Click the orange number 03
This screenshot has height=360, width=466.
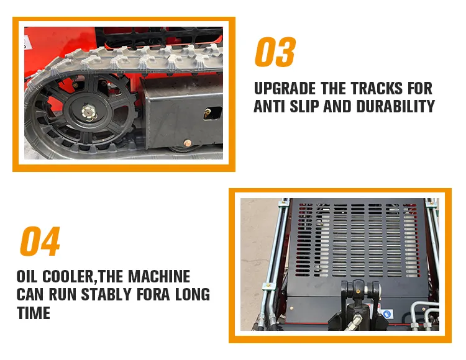click(275, 52)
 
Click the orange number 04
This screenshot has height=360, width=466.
click(40, 241)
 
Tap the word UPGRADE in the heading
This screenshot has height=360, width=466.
click(285, 88)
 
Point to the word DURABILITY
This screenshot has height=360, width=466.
click(395, 106)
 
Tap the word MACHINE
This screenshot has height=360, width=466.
click(159, 276)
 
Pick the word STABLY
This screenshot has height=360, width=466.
click(106, 295)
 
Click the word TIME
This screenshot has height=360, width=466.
click(34, 313)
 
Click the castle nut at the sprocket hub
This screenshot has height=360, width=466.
click(88, 112)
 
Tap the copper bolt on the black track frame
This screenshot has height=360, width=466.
click(188, 143)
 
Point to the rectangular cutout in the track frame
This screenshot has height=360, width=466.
click(212, 114)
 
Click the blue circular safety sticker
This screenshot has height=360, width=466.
click(387, 314)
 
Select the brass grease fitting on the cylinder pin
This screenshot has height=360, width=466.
click(358, 292)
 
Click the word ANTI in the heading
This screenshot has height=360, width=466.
click(269, 106)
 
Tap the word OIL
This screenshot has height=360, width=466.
click(27, 276)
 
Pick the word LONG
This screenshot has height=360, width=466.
click(193, 295)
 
